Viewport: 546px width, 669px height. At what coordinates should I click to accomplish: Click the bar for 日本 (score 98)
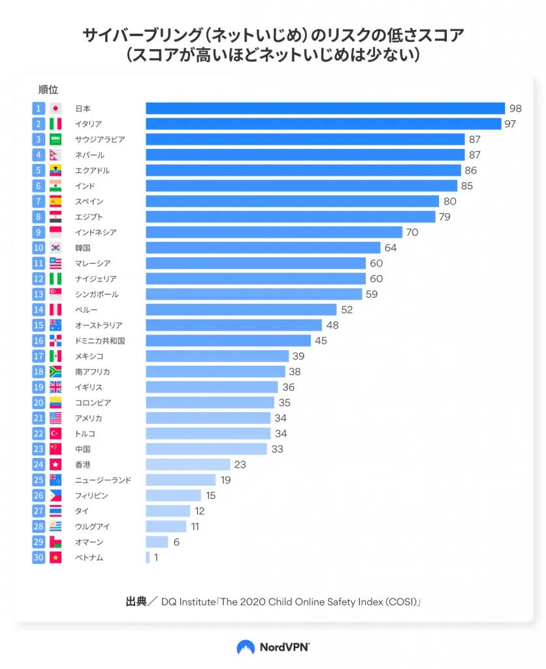click(x=325, y=108)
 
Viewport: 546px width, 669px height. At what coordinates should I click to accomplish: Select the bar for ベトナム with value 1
click(x=148, y=557)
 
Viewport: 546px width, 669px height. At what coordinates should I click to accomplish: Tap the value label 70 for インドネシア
click(x=411, y=233)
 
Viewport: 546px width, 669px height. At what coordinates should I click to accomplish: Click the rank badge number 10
click(x=39, y=248)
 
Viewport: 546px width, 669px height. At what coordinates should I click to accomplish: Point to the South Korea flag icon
click(x=56, y=248)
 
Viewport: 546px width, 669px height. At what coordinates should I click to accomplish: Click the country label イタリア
click(x=88, y=124)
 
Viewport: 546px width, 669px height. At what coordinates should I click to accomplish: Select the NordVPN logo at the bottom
click(x=272, y=647)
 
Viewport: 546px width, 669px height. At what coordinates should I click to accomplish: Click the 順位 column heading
click(x=48, y=90)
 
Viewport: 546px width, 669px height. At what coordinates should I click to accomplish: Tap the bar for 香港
click(x=187, y=465)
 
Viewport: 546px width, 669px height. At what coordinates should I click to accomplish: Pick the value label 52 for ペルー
click(x=346, y=310)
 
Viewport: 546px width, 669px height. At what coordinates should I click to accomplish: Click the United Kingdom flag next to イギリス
click(x=56, y=387)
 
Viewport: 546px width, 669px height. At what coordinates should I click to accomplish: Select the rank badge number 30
click(x=39, y=557)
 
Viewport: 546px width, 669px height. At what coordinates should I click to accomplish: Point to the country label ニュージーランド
click(x=103, y=480)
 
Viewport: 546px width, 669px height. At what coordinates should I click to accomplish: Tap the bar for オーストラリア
click(x=233, y=325)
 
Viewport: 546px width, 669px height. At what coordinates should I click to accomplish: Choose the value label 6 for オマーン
click(x=176, y=542)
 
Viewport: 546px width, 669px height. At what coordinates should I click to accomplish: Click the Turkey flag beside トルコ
click(x=56, y=433)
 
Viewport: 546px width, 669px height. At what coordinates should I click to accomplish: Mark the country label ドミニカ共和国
click(x=100, y=340)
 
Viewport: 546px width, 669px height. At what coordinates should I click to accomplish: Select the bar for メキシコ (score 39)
click(x=217, y=356)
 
